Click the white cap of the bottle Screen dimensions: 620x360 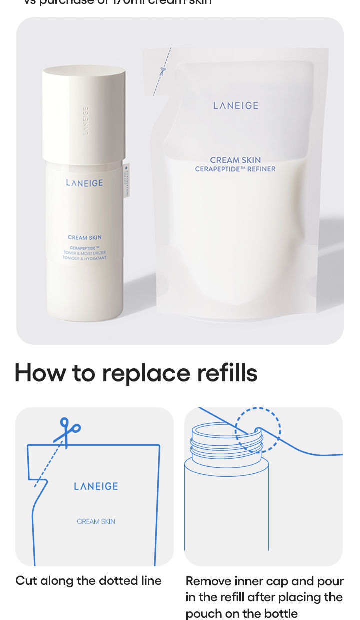[x=84, y=113]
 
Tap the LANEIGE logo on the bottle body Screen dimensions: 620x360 [x=84, y=183]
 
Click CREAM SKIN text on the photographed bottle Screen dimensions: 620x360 [x=85, y=237]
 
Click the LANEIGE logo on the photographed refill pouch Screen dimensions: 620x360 [x=236, y=106]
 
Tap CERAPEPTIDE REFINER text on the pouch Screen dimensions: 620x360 [x=235, y=169]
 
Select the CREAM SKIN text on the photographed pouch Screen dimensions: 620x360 [x=235, y=160]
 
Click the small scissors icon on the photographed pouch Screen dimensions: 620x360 [x=162, y=71]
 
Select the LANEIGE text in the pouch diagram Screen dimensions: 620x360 [x=96, y=486]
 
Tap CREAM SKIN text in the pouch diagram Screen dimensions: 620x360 [x=96, y=521]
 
